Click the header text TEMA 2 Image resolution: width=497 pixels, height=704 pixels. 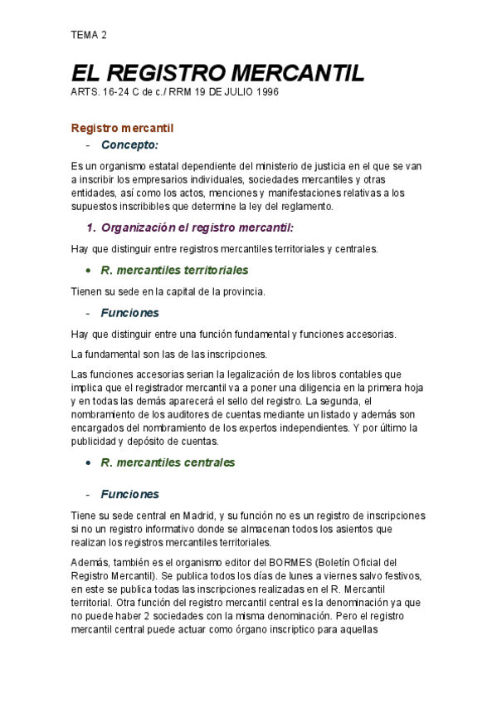(x=89, y=35)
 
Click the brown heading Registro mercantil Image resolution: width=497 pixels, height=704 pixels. (x=121, y=128)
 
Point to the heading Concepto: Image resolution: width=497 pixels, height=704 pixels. (x=129, y=145)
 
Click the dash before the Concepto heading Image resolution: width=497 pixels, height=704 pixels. (x=87, y=145)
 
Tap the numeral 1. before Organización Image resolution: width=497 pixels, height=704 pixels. (x=93, y=227)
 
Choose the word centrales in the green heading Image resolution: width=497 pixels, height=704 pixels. (x=208, y=462)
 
